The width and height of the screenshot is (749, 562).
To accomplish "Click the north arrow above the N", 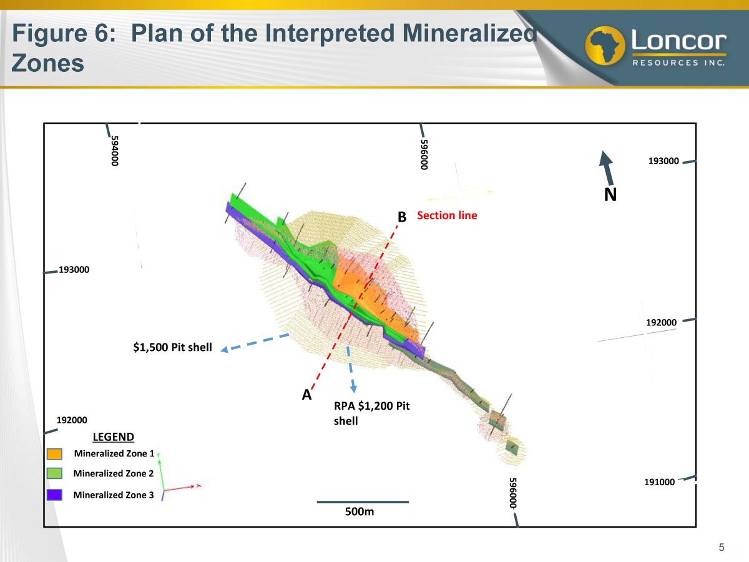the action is click(607, 168).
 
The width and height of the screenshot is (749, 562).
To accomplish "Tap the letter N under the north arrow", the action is click(610, 195).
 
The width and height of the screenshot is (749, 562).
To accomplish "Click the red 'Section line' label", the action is click(447, 215).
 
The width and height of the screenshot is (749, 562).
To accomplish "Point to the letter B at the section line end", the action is click(402, 217).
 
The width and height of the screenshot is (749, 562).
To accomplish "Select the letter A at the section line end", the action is click(306, 395).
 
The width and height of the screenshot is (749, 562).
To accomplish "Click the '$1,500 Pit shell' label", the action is click(173, 347).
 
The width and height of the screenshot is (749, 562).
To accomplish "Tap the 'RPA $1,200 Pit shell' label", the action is click(371, 413).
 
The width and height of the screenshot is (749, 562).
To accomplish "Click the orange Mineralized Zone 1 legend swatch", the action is click(54, 454).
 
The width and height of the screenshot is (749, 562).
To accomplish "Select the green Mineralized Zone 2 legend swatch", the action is click(54, 473).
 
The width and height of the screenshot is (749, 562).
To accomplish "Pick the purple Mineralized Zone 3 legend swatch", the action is click(54, 495).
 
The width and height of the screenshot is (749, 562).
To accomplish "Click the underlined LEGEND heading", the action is click(114, 436).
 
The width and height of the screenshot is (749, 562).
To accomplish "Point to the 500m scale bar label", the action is click(360, 511).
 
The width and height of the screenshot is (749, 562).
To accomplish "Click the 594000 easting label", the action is click(115, 151).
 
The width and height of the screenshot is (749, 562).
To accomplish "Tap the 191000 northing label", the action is click(659, 482).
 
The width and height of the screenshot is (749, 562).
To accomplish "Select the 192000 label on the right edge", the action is click(661, 322).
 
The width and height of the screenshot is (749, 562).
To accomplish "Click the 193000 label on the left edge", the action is click(74, 270).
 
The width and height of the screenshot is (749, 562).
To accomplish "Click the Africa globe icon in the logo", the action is click(605, 46).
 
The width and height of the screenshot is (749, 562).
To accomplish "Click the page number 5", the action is click(722, 548).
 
